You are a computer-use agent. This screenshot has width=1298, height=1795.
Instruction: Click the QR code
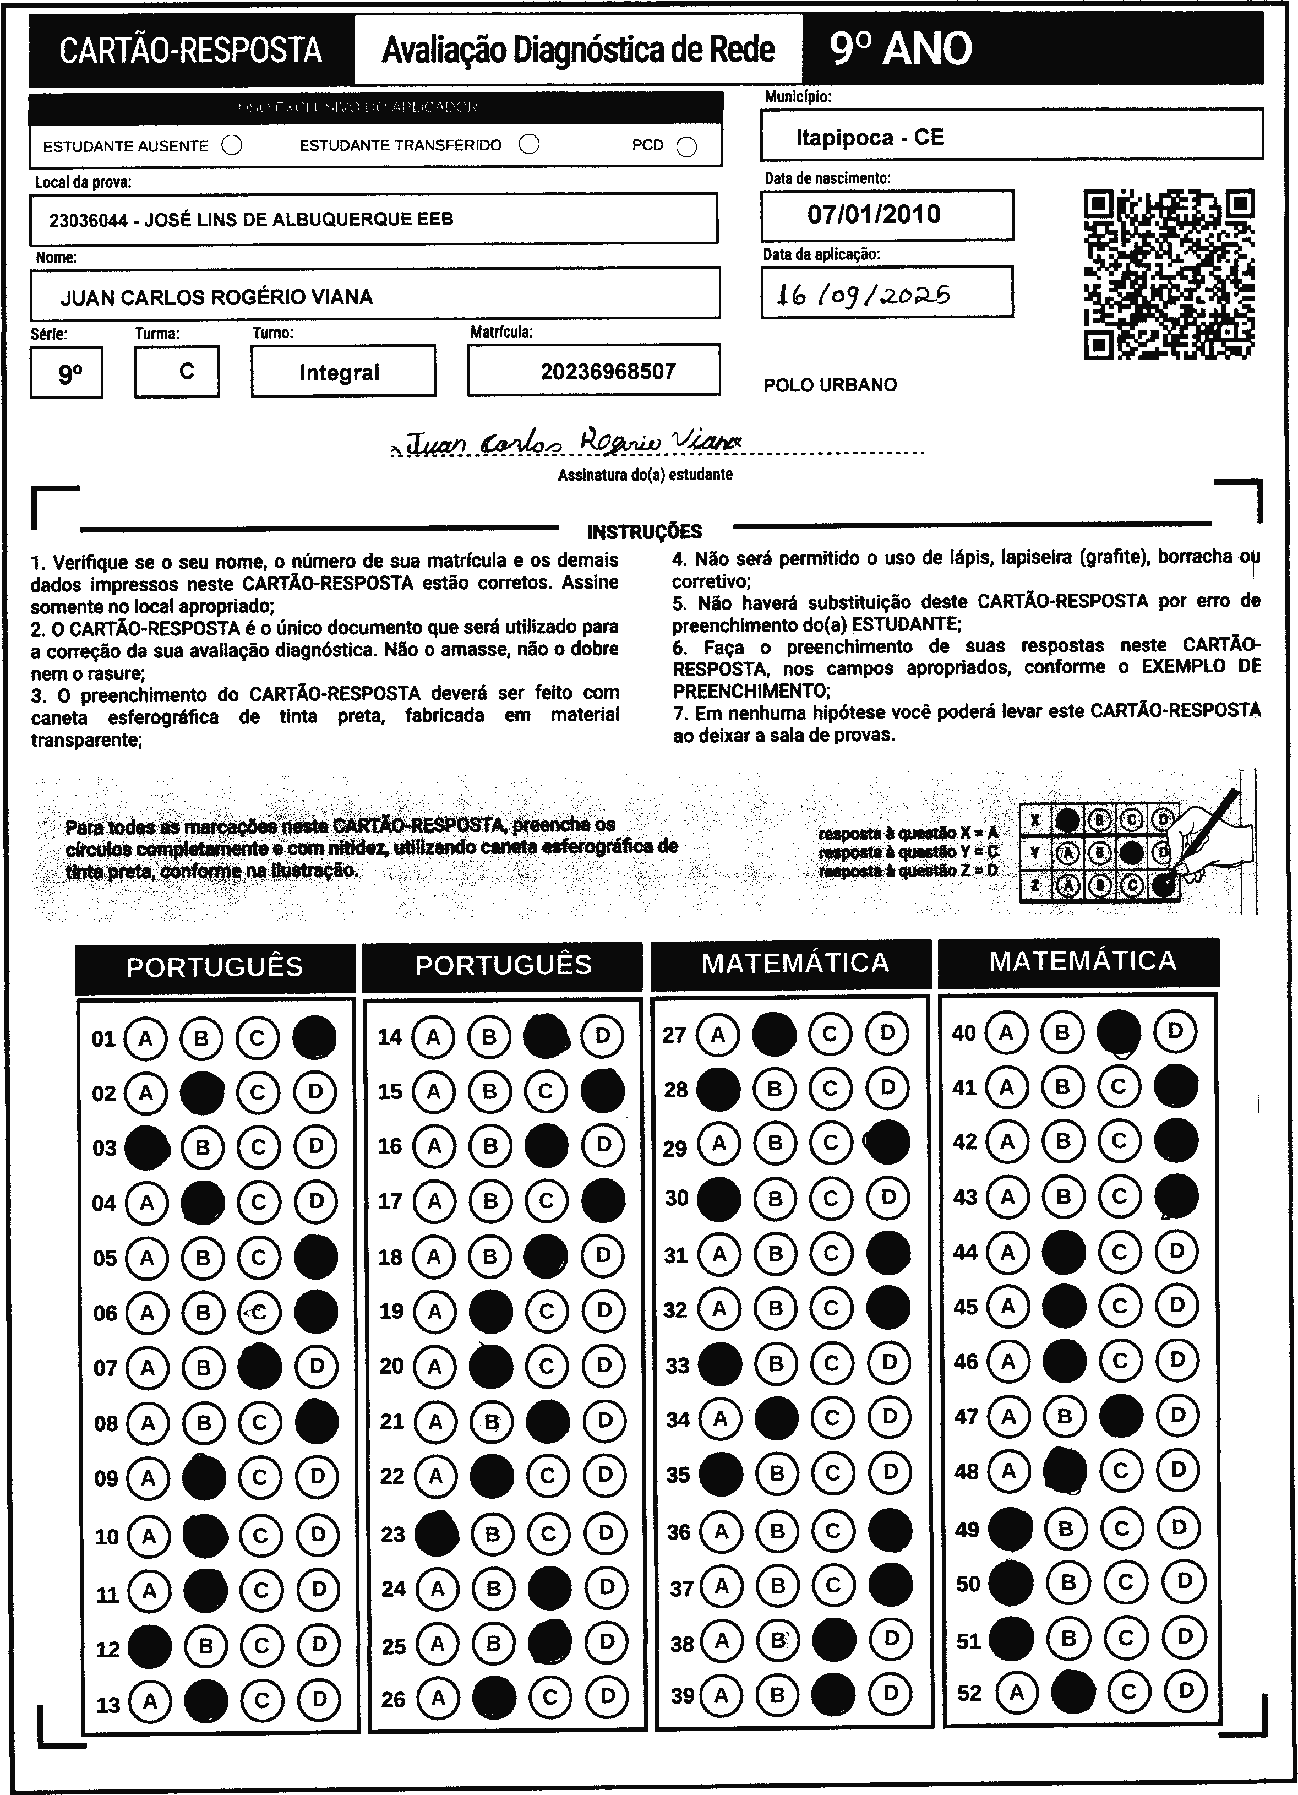click(x=1168, y=274)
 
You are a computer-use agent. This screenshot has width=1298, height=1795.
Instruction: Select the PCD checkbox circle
click(x=687, y=147)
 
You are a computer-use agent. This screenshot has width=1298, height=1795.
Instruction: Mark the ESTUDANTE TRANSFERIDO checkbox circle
click(x=530, y=145)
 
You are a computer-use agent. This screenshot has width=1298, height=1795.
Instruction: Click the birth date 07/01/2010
click(x=874, y=215)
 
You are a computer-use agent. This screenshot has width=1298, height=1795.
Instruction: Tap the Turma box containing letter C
click(x=187, y=371)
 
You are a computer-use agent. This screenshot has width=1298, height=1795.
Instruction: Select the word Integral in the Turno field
click(x=340, y=373)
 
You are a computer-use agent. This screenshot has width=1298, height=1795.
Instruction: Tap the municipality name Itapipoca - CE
click(x=870, y=138)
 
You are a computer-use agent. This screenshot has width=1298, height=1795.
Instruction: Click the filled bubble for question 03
click(x=148, y=1147)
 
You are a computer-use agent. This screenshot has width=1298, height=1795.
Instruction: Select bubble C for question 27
click(x=830, y=1034)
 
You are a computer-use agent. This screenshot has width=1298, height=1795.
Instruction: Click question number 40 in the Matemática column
click(x=963, y=1033)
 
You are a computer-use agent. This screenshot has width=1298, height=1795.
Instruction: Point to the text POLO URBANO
click(x=830, y=385)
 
